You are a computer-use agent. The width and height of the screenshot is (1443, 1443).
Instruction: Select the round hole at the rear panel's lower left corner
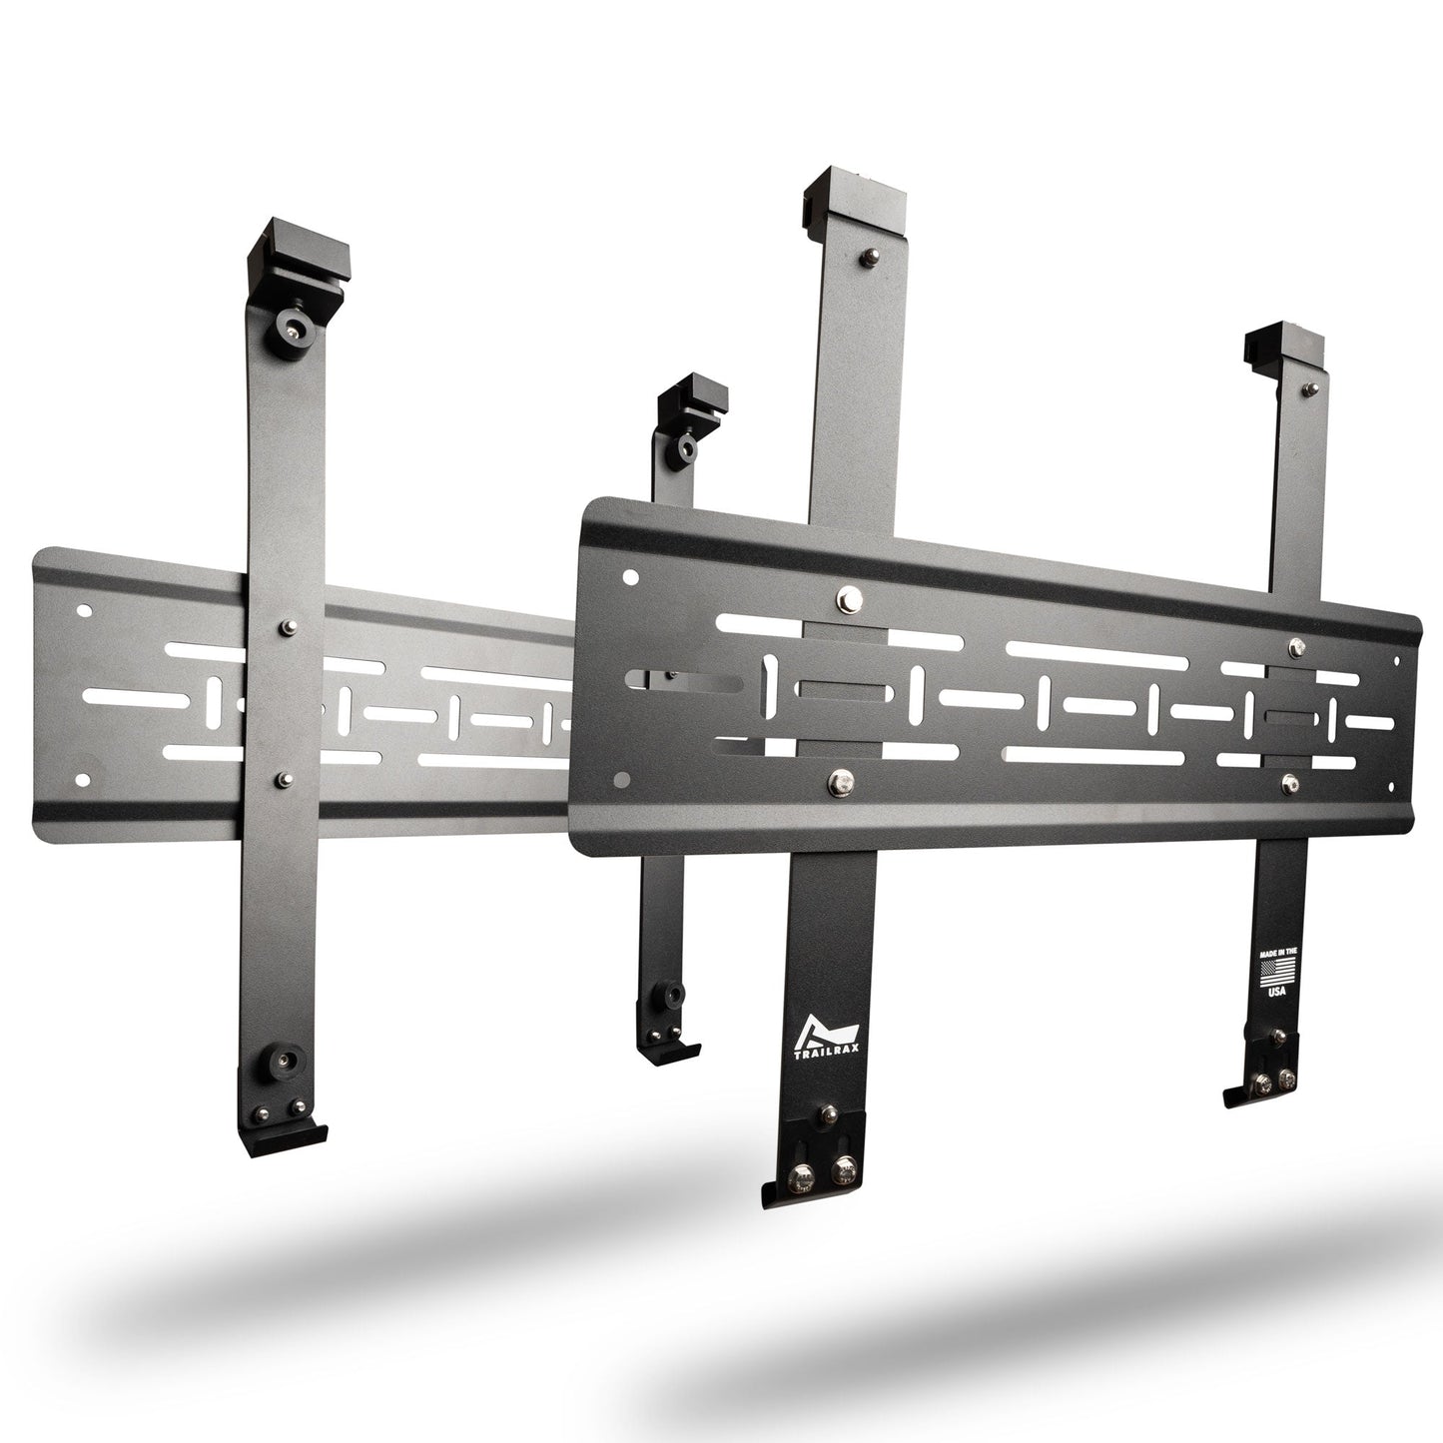[x=83, y=776]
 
